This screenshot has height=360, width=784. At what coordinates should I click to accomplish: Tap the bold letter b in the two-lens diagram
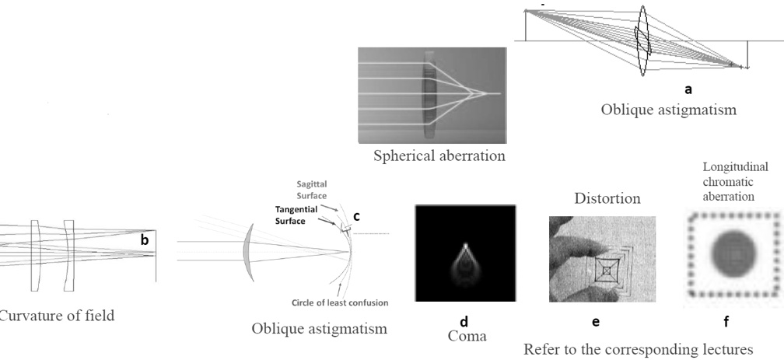144,241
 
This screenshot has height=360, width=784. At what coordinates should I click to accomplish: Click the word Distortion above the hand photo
607,199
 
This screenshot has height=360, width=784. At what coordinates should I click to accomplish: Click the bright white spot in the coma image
465,247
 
